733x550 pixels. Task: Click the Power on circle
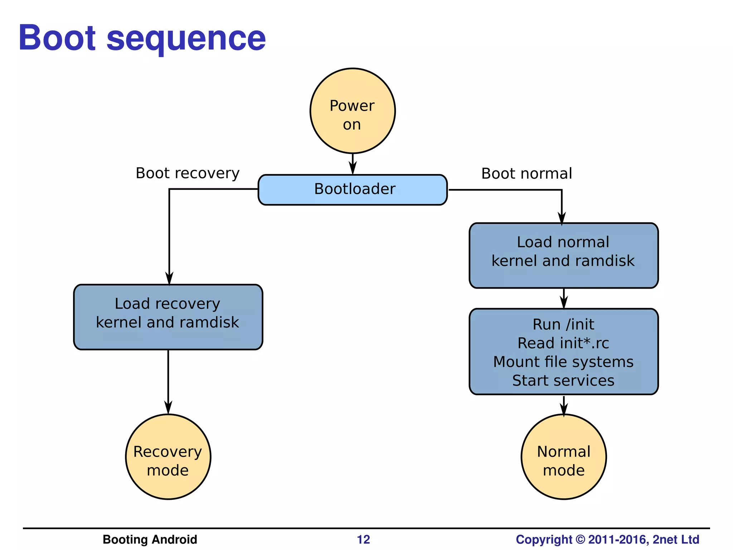point(353,111)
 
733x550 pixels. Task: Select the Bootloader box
point(353,189)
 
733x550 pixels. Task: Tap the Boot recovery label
point(188,173)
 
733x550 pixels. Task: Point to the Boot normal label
point(526,174)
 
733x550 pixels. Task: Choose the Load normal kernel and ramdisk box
point(563,255)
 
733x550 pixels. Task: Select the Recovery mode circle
point(168,457)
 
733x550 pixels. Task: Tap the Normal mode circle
point(563,457)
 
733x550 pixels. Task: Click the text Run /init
point(563,324)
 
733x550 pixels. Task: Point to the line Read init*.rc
point(563,343)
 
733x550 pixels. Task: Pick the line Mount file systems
point(563,362)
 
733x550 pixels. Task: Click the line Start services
point(563,380)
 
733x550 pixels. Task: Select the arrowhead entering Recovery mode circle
point(168,407)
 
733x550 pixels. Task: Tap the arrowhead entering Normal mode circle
point(564,409)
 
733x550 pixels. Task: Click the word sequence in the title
point(186,39)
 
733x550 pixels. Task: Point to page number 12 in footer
point(363,539)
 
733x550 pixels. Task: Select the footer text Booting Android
point(150,539)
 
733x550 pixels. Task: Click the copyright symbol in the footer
point(580,539)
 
